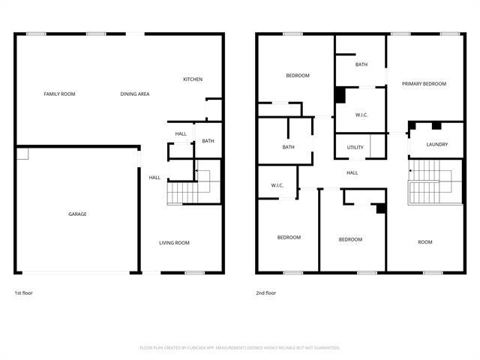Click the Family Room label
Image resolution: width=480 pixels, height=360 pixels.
tap(59, 94)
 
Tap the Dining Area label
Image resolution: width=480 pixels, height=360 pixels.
tap(135, 94)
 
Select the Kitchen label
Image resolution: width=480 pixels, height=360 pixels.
tap(193, 79)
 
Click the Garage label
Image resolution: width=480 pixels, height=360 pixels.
tap(77, 214)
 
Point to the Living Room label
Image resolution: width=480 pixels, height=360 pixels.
tap(174, 242)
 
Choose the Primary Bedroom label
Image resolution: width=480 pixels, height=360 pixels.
tap(424, 83)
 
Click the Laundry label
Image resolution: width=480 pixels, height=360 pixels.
tap(436, 144)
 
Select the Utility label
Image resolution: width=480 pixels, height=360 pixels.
tap(355, 147)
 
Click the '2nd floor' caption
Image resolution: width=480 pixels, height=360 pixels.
tap(265, 292)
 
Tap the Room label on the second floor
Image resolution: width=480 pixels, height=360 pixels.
tap(425, 241)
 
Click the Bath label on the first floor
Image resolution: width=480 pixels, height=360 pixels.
tap(208, 141)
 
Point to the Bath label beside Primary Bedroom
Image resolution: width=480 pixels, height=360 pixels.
tap(361, 64)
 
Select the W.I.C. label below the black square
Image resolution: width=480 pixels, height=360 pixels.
tap(362, 114)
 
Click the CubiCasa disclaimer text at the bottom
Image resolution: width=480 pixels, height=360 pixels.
tap(240, 347)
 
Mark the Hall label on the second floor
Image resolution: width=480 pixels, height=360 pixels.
tap(352, 172)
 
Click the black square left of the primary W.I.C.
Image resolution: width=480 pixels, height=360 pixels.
tap(340, 95)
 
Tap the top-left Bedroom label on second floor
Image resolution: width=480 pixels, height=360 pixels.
tap(298, 75)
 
